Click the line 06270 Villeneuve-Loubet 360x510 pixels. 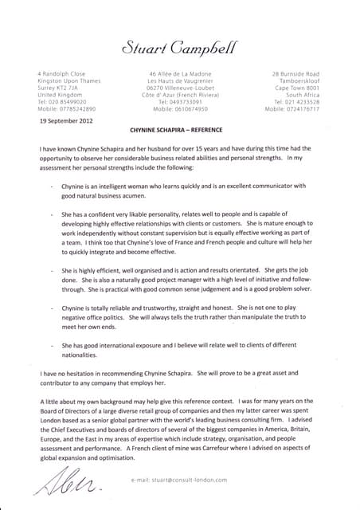pos(180,88)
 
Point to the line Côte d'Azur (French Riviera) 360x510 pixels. pos(180,95)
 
